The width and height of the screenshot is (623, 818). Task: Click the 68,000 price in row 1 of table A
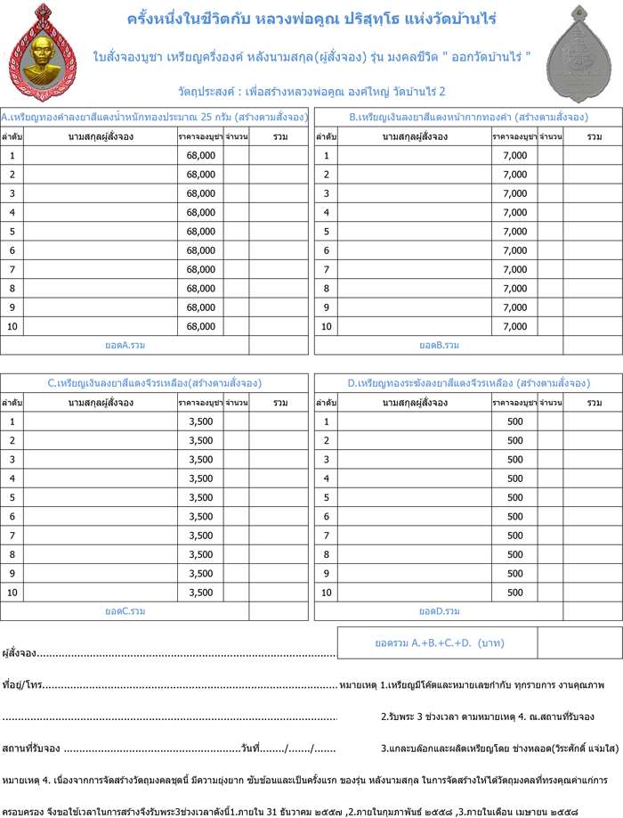200,155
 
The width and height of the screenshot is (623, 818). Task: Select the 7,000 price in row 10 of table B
514,326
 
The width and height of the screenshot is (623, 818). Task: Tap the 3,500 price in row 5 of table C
200,497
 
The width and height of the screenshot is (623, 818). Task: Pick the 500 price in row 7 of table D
514,535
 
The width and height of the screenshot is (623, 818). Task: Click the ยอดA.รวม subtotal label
125,345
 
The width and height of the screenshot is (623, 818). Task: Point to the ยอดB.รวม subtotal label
439,345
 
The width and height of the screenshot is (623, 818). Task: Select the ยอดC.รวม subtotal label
125,611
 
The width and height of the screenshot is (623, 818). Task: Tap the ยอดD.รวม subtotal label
439,611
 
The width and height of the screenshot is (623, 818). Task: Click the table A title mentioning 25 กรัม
155,117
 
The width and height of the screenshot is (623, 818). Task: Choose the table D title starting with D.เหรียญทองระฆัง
468,383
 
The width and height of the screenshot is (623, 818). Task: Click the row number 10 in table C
12,592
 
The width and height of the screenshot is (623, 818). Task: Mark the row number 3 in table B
327,193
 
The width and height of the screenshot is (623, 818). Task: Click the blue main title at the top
311,19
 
